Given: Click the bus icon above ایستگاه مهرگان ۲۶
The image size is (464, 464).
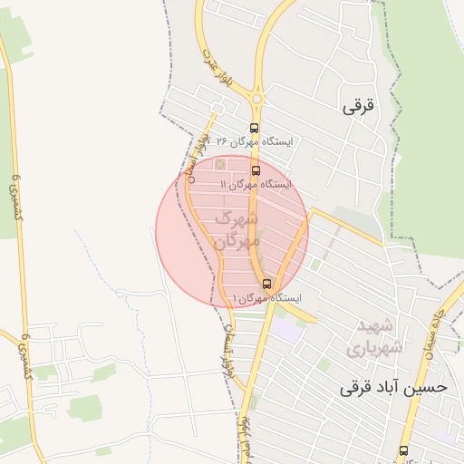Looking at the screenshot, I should pos(254,128).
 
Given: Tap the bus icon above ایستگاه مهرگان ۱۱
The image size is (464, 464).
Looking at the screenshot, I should pos(256,169).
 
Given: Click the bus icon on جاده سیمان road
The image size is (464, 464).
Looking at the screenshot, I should pos(403,450).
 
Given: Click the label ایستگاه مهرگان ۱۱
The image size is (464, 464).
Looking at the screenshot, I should pos(256,184).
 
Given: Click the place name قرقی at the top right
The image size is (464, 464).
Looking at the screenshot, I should pos(358,106).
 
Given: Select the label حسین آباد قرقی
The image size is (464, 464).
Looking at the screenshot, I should pos(393,387).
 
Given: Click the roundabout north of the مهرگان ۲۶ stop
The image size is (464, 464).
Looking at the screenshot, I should pos(257,98).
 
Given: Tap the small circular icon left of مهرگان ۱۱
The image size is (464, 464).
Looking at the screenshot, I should pos(220,164).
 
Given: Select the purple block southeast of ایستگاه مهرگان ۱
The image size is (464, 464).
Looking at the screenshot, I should pos(288,329).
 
